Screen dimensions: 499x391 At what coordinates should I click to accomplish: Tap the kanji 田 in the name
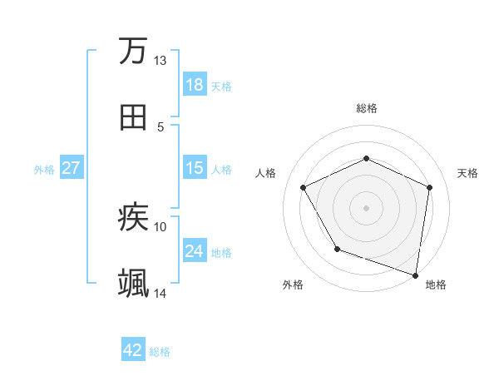coord(133,117)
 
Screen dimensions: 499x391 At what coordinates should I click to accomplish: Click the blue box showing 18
coord(195,85)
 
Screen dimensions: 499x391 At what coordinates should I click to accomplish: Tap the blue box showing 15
coord(195,168)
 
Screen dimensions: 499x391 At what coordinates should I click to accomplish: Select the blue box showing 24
coord(195,251)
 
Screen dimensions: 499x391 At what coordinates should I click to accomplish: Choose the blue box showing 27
coord(72,168)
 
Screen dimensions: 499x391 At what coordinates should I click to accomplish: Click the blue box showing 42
coord(133,350)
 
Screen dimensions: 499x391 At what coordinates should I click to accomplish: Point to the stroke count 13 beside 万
coord(161,61)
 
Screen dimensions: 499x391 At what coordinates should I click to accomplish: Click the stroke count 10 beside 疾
coord(161,225)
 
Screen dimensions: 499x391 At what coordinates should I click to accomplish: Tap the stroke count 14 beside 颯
coord(161,293)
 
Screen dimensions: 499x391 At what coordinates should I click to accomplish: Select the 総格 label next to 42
coord(160,352)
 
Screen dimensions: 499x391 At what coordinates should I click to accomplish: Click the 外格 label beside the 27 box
coord(44,170)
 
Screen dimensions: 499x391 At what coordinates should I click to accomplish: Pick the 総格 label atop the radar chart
coord(367,108)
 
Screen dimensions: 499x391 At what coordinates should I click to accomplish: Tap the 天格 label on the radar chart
coord(467,173)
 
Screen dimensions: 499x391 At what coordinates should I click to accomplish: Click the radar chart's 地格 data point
coord(416,275)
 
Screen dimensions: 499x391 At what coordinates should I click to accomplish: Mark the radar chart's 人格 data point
coord(304,187)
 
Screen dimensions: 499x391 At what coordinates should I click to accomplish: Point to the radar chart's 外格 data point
coord(337,249)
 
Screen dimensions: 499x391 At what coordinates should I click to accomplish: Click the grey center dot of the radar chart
coord(367,207)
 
